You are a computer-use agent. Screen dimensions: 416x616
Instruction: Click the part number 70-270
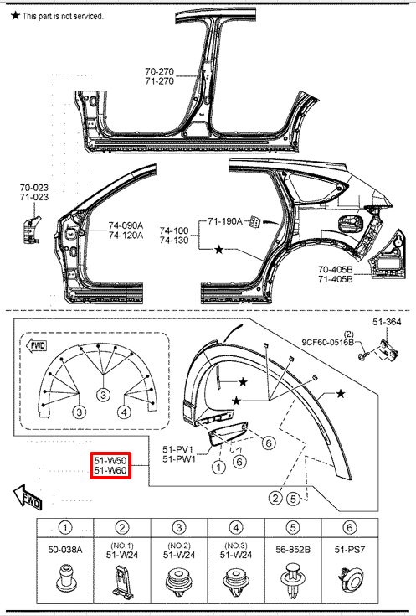[159, 71]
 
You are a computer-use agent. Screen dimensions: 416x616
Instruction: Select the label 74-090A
[126, 225]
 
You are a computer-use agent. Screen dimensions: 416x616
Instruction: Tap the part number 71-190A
[225, 221]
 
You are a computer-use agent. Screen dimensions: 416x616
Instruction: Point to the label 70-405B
[335, 270]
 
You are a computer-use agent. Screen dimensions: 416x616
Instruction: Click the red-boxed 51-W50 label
[110, 460]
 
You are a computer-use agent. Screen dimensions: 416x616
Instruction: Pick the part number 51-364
[387, 322]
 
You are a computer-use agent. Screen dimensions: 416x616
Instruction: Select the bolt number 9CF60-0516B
[328, 342]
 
